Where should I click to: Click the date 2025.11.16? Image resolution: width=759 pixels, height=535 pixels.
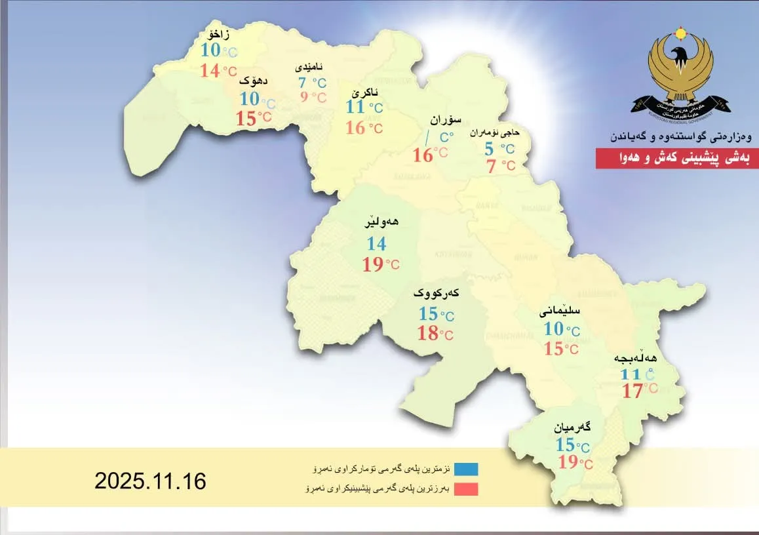150,481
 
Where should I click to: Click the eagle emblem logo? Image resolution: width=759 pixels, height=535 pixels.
680,72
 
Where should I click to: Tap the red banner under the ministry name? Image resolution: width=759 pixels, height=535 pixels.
677,159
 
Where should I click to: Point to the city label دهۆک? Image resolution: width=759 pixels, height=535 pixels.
252,81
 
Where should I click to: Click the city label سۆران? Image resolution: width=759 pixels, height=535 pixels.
446,120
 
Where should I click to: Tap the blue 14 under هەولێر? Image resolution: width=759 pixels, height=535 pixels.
376,245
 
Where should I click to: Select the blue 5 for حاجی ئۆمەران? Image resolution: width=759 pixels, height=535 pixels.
489,149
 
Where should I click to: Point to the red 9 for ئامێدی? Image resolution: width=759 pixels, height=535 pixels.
303,98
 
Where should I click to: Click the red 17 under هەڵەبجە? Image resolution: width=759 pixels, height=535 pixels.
632,391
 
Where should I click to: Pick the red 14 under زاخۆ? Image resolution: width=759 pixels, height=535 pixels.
210,71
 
